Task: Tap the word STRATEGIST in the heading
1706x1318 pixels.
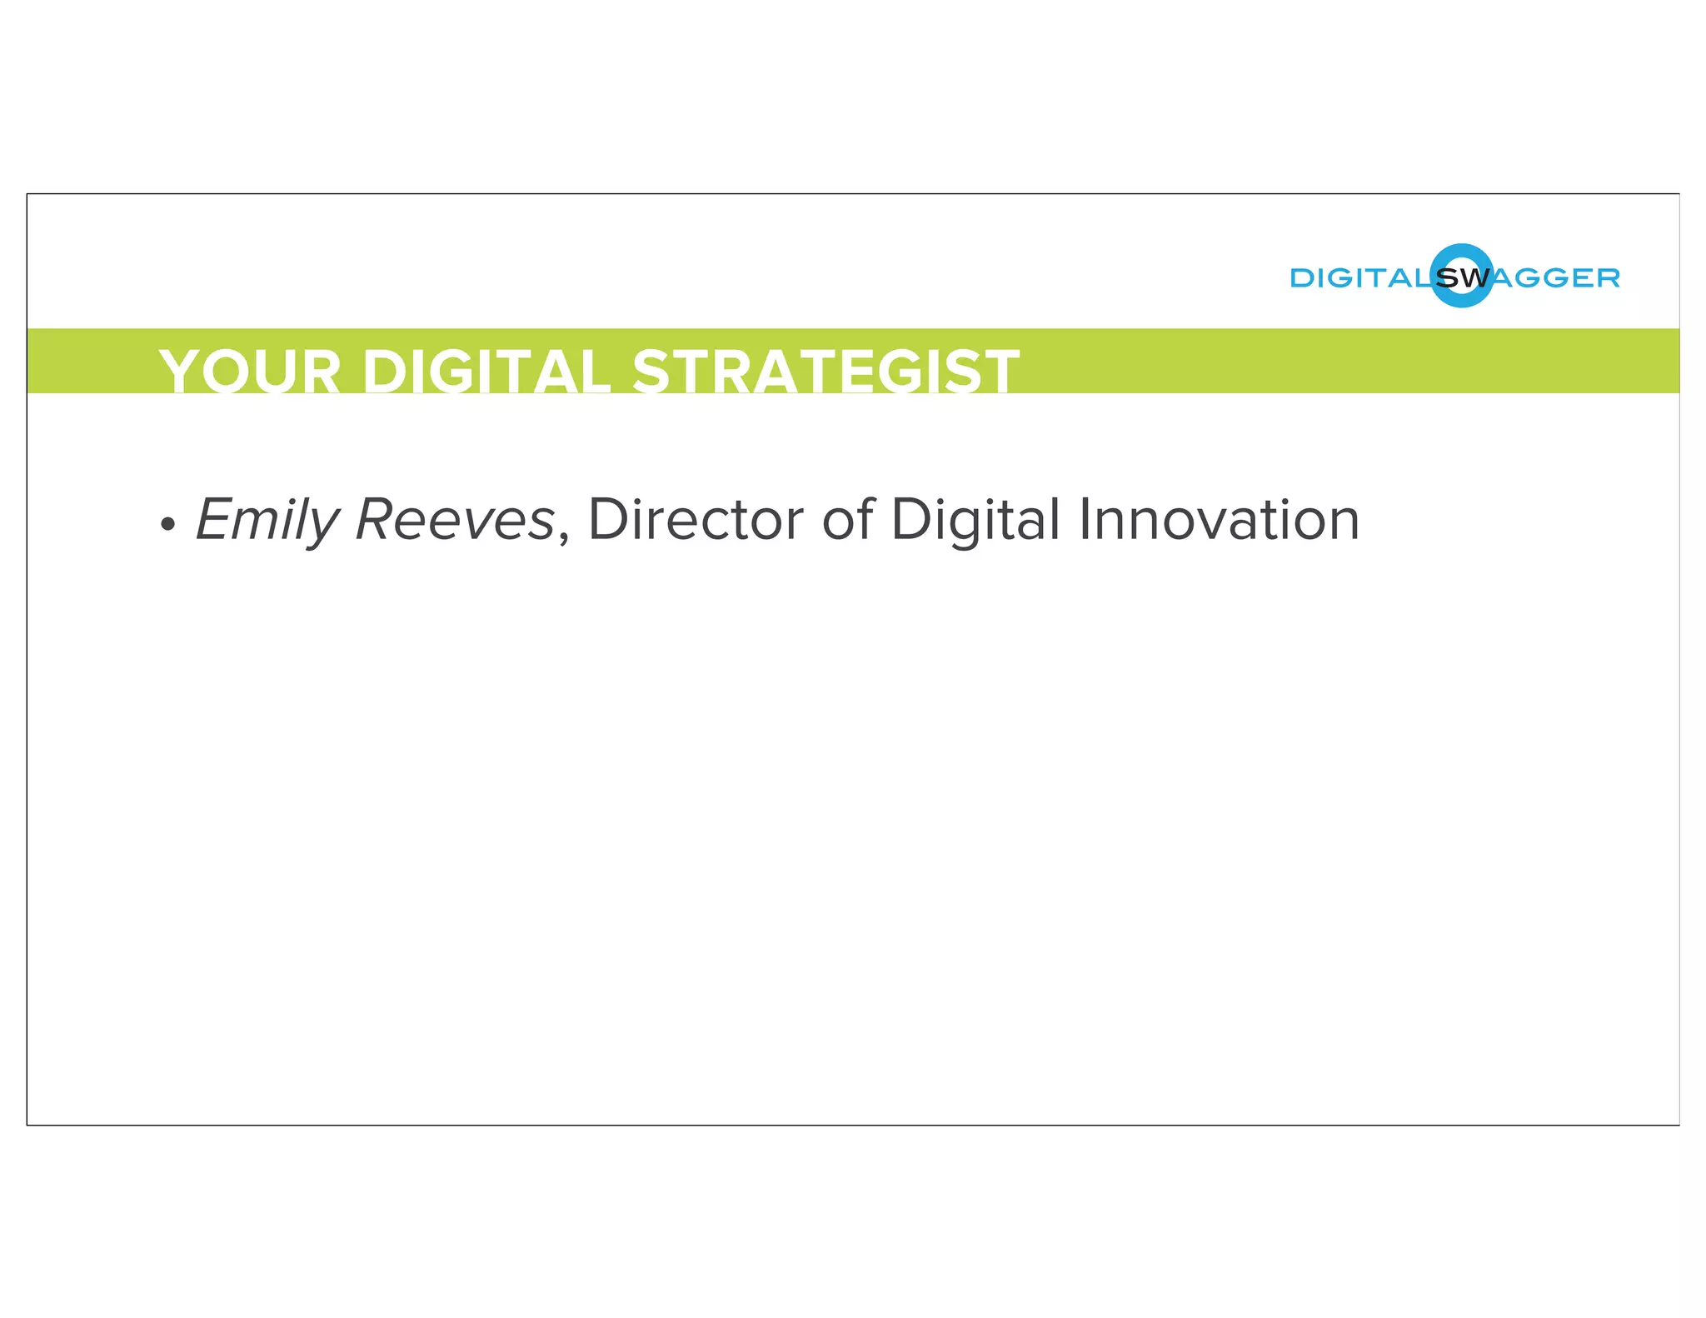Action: pos(826,372)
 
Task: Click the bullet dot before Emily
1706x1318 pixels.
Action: pos(168,524)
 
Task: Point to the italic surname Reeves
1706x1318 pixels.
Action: pos(455,520)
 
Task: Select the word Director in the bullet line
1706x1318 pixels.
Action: pos(696,520)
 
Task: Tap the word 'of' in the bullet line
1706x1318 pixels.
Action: pos(847,520)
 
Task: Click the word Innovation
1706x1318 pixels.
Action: pos(1219,520)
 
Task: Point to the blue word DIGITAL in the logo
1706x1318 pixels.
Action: pos(1359,278)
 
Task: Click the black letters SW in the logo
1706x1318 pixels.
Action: pos(1463,278)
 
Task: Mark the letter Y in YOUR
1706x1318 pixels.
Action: pos(182,372)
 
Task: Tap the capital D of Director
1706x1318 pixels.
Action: pos(607,520)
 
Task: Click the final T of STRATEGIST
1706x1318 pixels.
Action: pos(998,372)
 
